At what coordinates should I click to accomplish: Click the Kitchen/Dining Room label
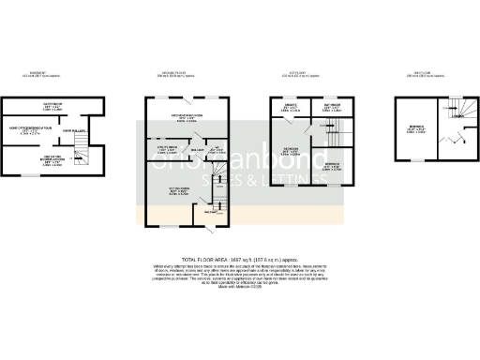pyautogui.click(x=186, y=118)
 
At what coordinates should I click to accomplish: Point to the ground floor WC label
pyautogui.click(x=214, y=149)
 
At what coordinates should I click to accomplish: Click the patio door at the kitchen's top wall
pyautogui.click(x=190, y=97)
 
